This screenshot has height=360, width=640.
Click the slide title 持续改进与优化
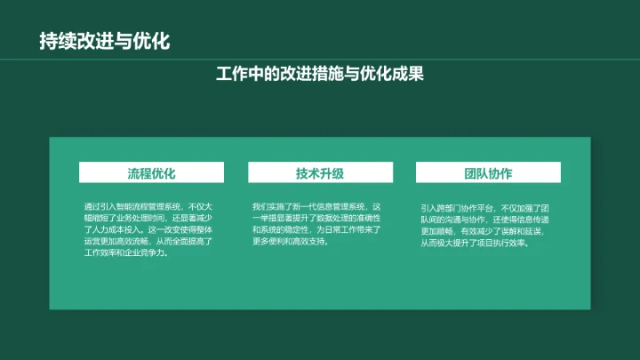pyautogui.click(x=104, y=41)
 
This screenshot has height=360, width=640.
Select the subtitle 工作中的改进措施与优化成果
pyautogui.click(x=320, y=74)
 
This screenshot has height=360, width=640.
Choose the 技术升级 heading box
pyautogui.click(x=320, y=172)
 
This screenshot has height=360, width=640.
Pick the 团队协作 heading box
pyautogui.click(x=488, y=172)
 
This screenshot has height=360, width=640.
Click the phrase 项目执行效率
pyautogui.click(x=505, y=243)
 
